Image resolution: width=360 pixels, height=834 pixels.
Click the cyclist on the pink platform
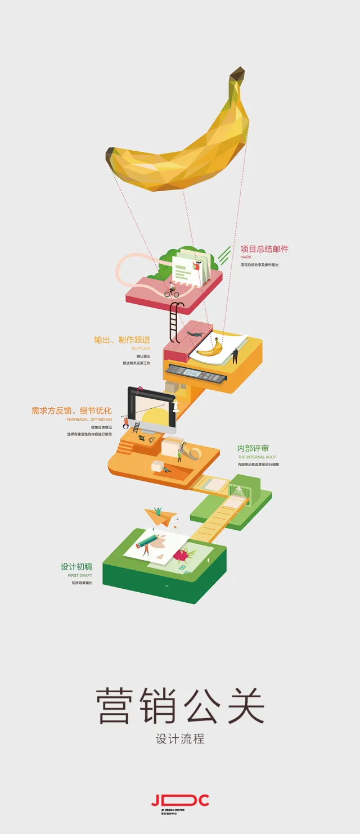coord(172,290)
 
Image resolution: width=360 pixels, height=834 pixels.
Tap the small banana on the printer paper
coord(209,349)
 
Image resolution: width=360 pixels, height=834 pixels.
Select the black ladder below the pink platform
coord(175,322)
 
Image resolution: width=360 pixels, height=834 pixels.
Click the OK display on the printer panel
coord(193,373)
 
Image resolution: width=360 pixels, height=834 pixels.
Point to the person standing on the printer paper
coord(235,355)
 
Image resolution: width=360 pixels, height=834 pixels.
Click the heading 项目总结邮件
coord(264,249)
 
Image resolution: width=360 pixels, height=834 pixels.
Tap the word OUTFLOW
coord(141,349)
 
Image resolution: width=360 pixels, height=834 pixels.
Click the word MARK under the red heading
coord(246,257)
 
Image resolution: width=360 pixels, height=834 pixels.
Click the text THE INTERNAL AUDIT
coord(257,457)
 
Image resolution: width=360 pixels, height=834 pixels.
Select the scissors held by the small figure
coord(181,448)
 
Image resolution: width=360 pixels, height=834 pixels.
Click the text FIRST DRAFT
coord(76,576)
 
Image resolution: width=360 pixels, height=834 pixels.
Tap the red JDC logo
coord(180,800)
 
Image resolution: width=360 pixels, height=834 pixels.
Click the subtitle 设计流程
coord(180,739)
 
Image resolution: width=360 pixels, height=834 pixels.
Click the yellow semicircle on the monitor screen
coord(155,417)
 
